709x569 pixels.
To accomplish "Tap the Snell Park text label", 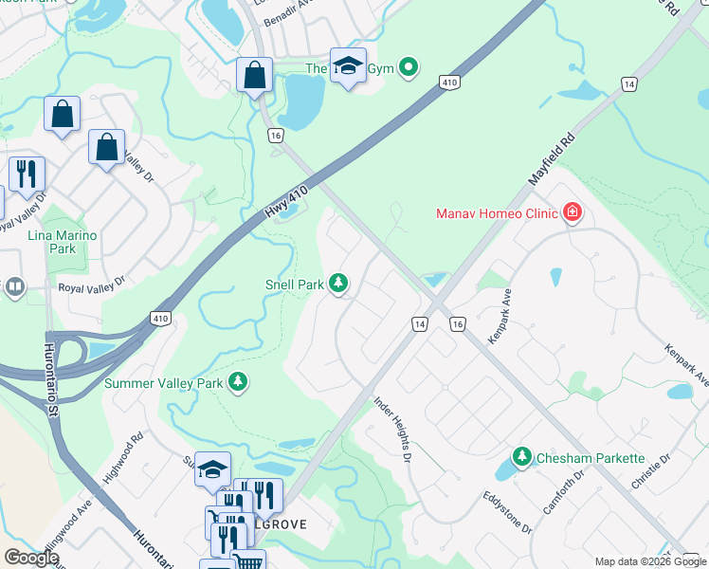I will (x=294, y=284).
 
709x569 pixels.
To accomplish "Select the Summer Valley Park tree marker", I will (x=238, y=383).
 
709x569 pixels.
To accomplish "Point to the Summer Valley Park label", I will (x=163, y=383).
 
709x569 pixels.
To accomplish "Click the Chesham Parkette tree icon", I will (x=521, y=458).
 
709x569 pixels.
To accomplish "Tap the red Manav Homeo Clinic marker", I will (x=572, y=213).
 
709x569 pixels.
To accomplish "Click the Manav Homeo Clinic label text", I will (x=497, y=213).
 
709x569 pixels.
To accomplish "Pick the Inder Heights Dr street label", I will (x=392, y=430).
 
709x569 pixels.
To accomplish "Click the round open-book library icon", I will (x=14, y=286).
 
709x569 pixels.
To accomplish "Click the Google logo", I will (x=30, y=558).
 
